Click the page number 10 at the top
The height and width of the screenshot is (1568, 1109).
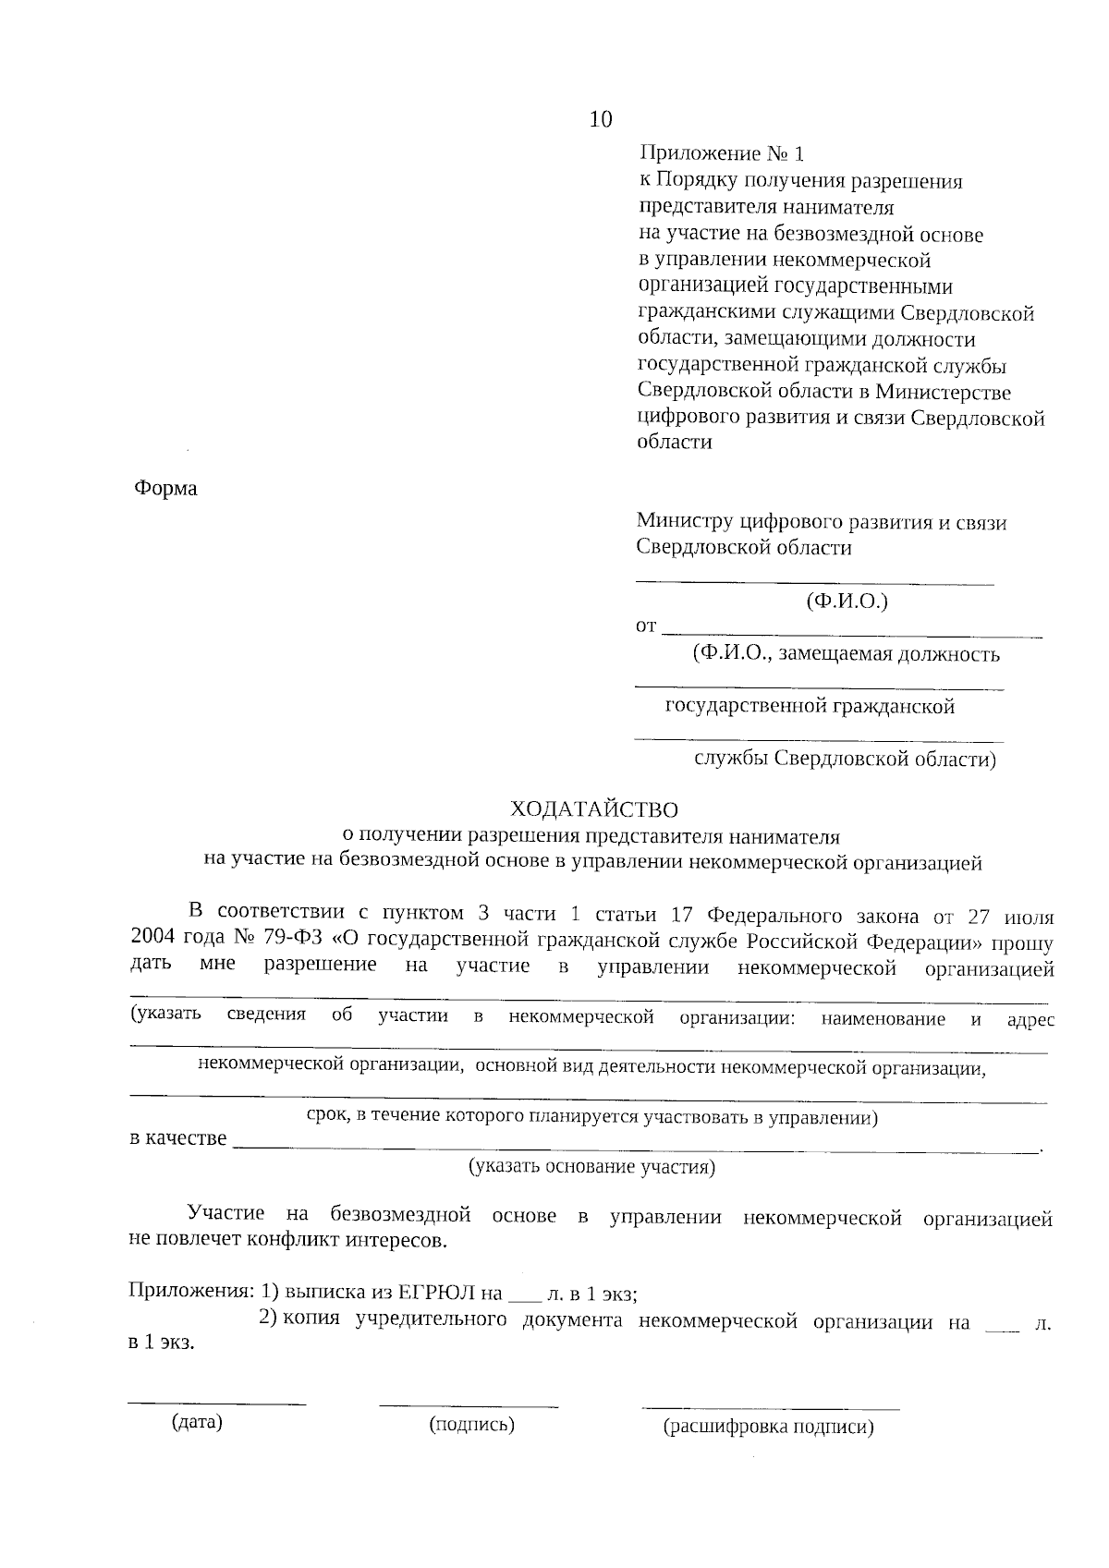point(600,119)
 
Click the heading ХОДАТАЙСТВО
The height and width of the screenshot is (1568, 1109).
point(594,810)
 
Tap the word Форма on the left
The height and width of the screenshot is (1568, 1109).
point(166,488)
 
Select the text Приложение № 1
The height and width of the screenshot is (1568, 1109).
point(722,153)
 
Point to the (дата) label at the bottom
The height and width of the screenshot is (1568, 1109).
point(197,1422)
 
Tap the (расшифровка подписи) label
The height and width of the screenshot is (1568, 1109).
point(768,1427)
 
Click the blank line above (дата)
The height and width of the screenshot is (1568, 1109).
point(217,1404)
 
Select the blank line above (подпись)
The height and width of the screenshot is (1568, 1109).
point(469,1405)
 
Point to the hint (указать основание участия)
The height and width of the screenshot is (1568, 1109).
point(592,1166)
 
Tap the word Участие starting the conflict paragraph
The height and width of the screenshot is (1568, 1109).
point(225,1213)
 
